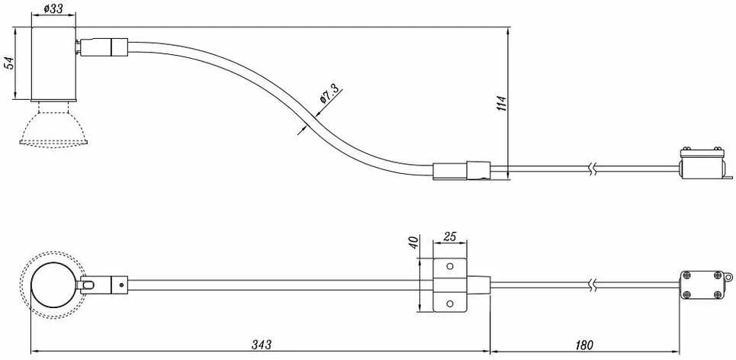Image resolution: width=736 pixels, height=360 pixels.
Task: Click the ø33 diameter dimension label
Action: coord(53,8)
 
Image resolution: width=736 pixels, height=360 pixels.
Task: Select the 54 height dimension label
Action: coord(8,63)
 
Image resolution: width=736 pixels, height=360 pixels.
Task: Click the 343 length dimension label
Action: coord(261,345)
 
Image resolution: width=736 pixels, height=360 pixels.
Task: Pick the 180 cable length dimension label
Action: coord(583,345)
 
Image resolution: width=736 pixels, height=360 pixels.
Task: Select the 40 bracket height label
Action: coord(413,243)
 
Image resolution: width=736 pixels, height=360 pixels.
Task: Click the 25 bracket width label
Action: coord(449,236)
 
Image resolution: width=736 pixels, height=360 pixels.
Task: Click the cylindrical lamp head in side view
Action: coord(53,63)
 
